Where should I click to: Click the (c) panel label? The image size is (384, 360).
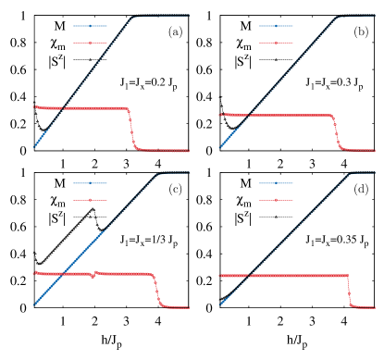(174, 190)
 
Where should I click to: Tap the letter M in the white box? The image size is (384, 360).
(245, 183)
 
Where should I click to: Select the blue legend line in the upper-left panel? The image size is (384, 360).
(91, 26)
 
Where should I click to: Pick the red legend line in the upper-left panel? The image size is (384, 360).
(91, 43)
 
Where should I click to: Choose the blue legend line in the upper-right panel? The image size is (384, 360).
(277, 26)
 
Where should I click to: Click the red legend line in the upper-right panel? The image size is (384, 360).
(277, 43)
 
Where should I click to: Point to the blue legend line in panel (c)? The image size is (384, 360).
(91, 183)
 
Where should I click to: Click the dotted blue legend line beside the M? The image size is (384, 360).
(276, 183)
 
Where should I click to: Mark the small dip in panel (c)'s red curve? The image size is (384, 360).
(94, 275)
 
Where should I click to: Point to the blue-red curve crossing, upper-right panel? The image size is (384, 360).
(244, 115)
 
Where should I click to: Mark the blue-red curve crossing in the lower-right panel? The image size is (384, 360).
(245, 276)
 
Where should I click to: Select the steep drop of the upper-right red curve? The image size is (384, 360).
(335, 130)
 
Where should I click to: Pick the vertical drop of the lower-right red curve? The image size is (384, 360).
(350, 291)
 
